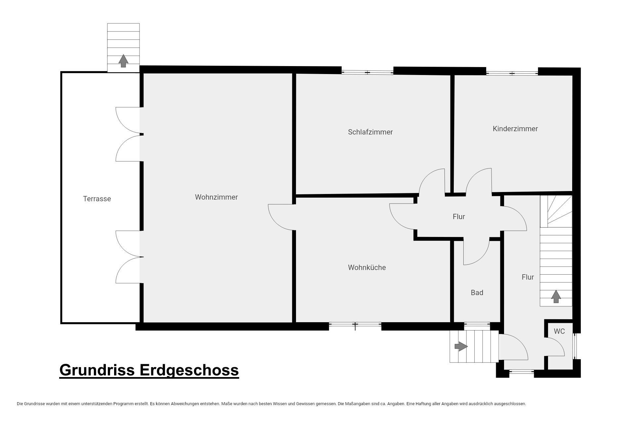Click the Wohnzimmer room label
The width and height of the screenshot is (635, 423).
(216, 197)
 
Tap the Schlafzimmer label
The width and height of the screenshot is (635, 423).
(370, 132)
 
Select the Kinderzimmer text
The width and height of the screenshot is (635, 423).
(515, 129)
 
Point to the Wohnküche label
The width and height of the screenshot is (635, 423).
(367, 267)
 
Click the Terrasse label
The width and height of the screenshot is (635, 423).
(97, 199)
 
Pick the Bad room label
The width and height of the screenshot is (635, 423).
(477, 292)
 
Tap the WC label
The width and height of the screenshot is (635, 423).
(559, 331)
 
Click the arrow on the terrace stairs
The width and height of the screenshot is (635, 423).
(123, 61)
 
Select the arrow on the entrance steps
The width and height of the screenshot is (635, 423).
(461, 346)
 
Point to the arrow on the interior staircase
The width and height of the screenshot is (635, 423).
(556, 296)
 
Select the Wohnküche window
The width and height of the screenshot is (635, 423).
(355, 326)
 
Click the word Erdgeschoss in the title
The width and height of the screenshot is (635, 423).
(189, 370)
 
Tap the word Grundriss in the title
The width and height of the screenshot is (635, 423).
(97, 370)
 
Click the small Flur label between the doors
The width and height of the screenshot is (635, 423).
(459, 217)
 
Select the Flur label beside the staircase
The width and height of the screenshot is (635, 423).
(528, 277)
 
